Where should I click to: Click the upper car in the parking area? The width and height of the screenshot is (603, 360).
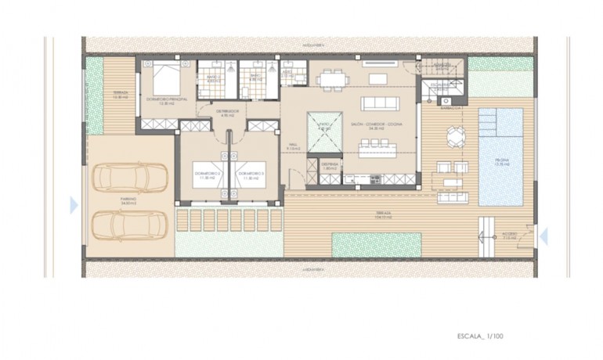[130, 178]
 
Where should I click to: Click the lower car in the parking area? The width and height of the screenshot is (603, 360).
[130, 225]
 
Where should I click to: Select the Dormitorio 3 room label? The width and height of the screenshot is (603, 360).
[251, 174]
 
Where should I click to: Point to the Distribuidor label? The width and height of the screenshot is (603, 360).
[228, 114]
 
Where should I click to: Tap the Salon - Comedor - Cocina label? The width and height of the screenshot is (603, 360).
[377, 125]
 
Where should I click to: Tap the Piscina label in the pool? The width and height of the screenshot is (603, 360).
[501, 161]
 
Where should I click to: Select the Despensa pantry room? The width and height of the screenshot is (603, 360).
[330, 166]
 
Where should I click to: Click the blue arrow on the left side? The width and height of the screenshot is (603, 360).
[74, 205]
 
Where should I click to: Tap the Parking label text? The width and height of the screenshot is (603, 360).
[128, 201]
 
